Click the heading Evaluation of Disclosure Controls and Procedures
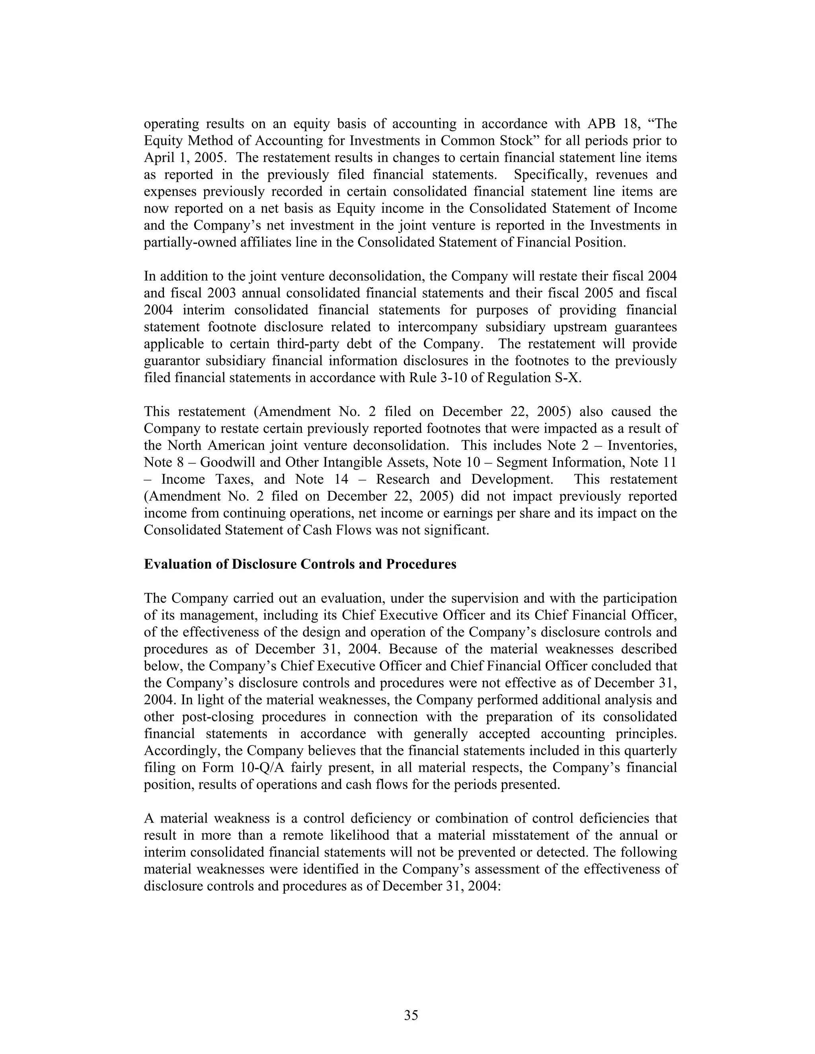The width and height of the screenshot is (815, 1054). pos(300,564)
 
